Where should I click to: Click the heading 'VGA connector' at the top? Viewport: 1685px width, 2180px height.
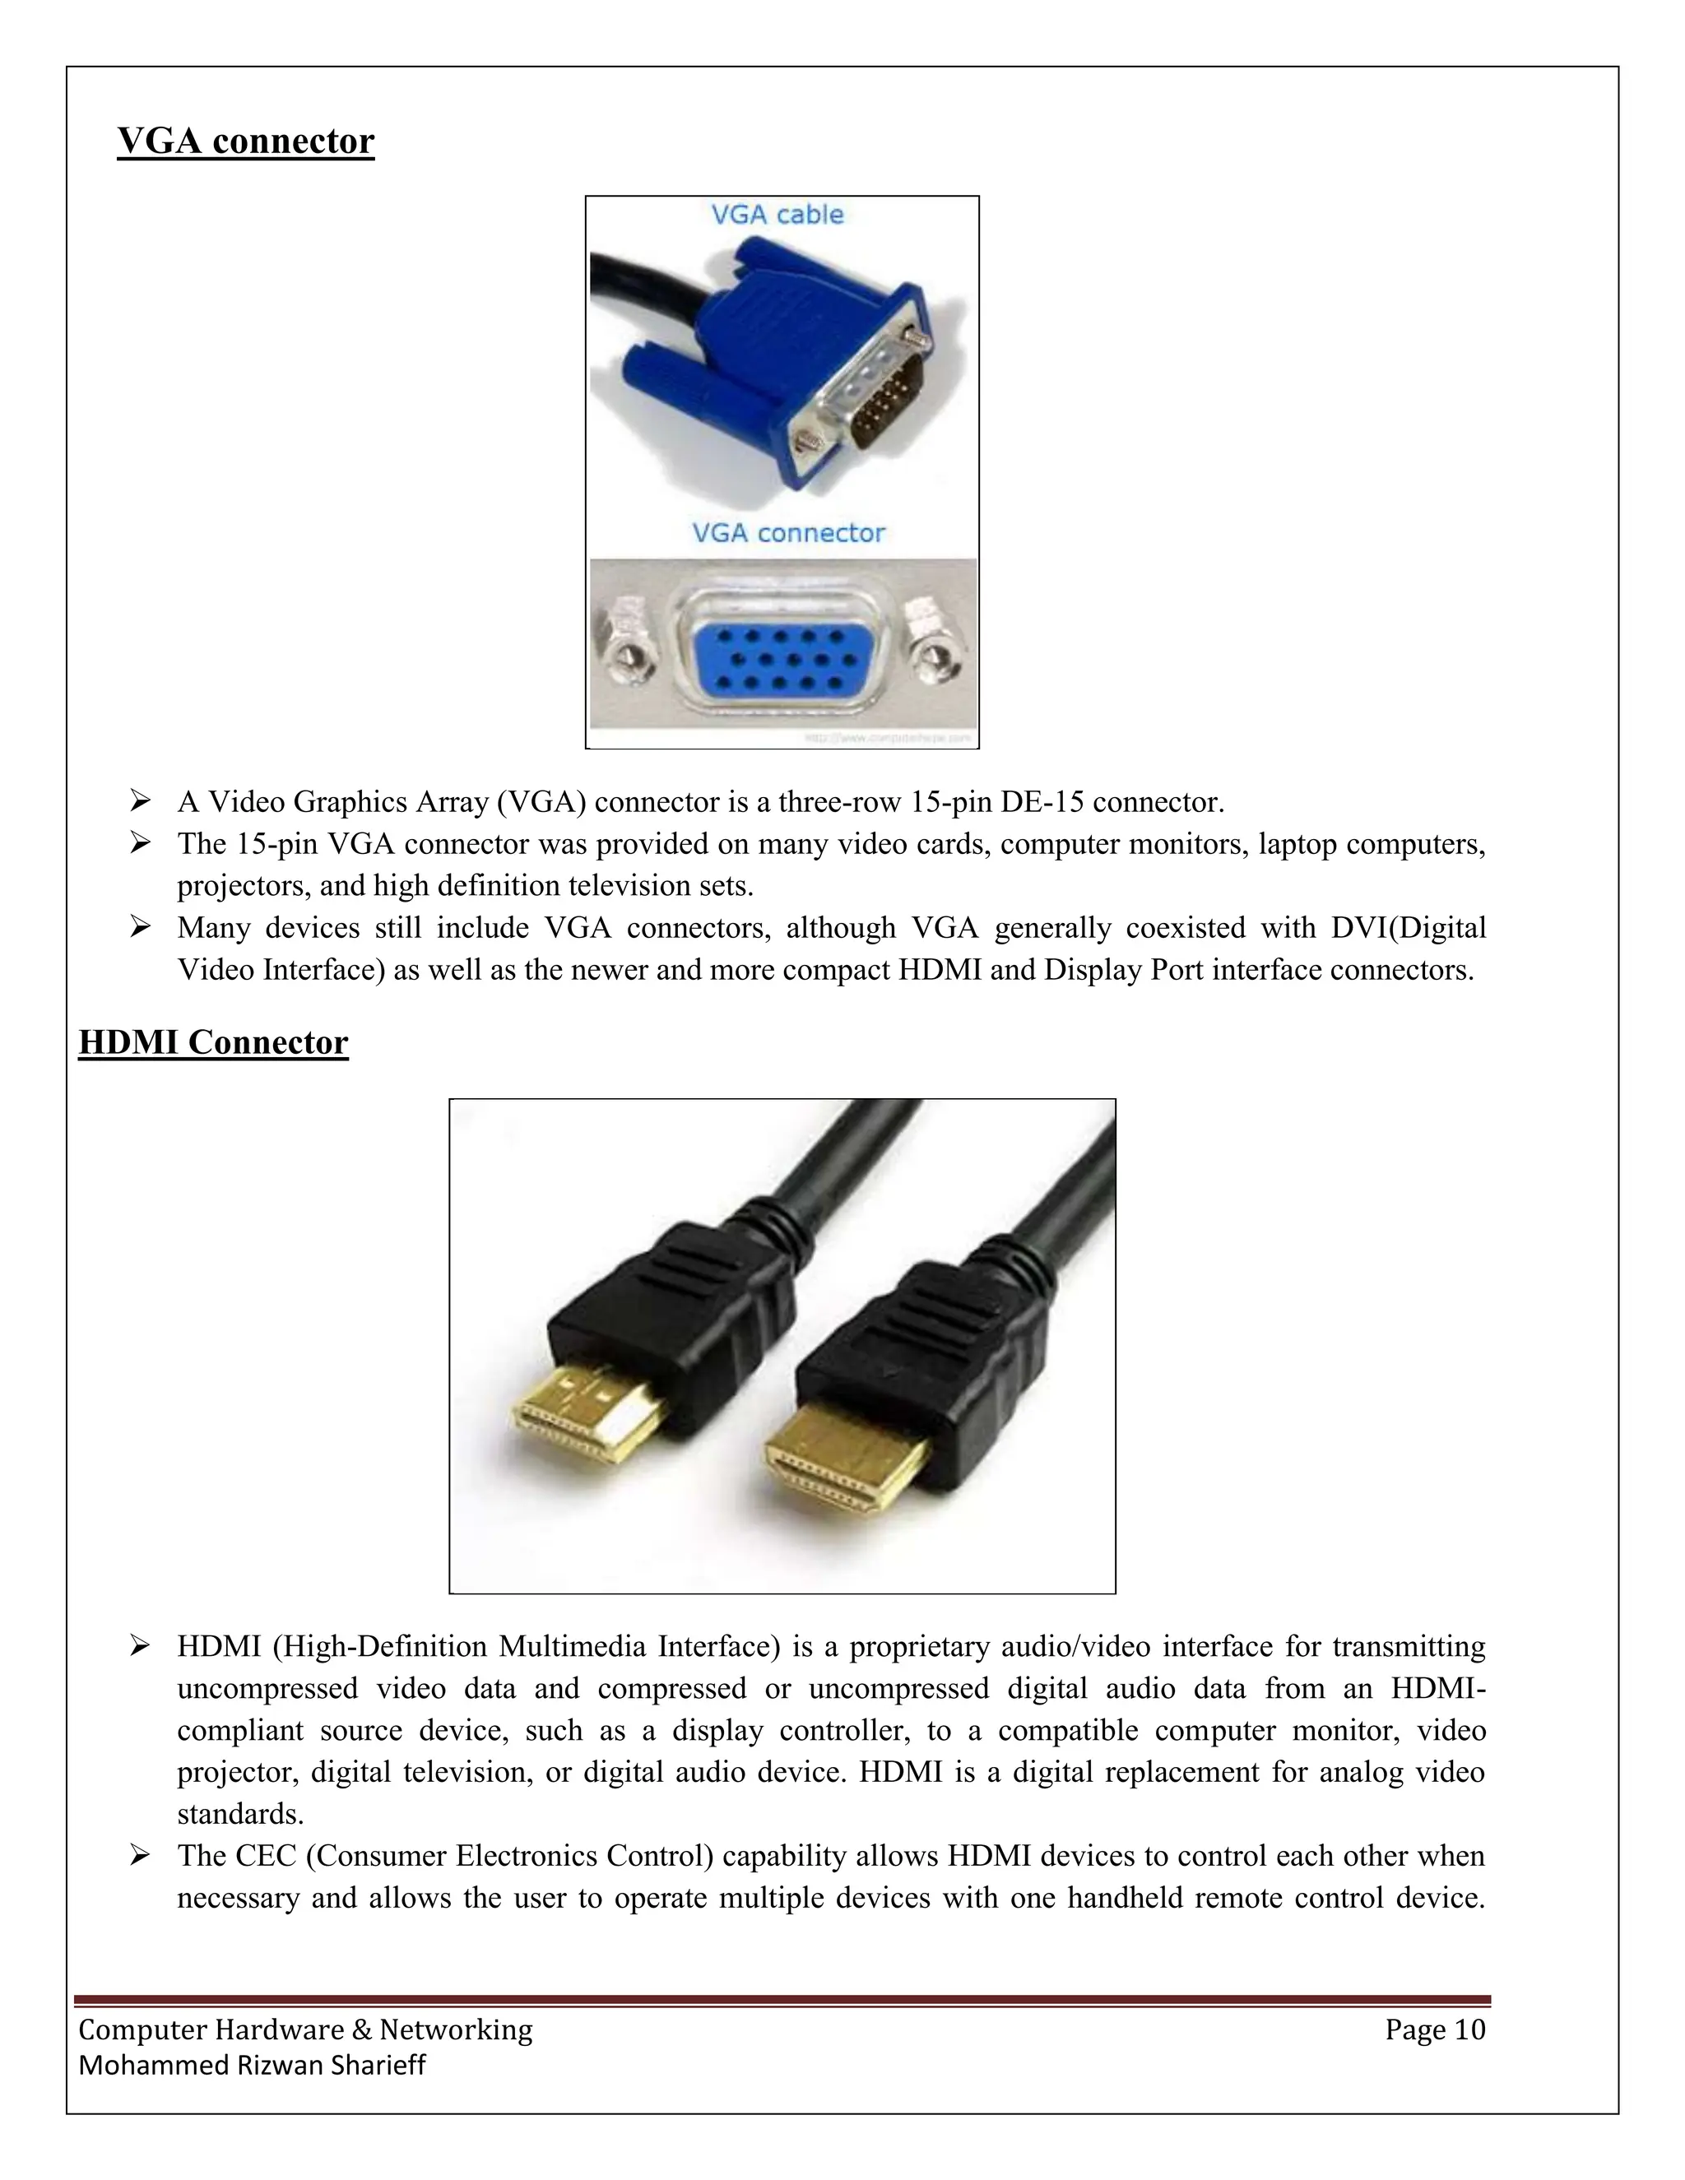click(245, 141)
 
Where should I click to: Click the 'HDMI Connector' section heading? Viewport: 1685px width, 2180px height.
click(214, 1042)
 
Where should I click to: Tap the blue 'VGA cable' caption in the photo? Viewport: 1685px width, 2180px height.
click(777, 215)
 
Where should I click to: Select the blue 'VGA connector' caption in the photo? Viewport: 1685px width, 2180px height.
click(787, 533)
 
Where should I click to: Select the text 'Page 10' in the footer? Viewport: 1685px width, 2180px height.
click(1434, 2030)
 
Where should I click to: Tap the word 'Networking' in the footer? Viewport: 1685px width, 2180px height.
click(456, 2030)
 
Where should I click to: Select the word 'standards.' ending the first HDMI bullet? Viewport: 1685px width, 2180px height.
click(240, 1814)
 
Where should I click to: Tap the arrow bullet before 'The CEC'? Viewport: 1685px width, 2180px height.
click(140, 1856)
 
